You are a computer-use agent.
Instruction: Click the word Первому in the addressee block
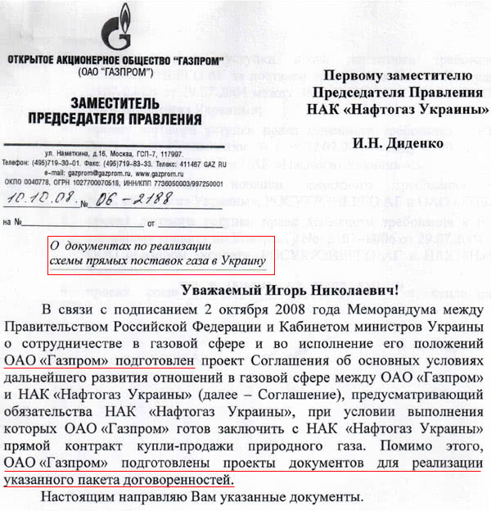[x=363, y=76]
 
